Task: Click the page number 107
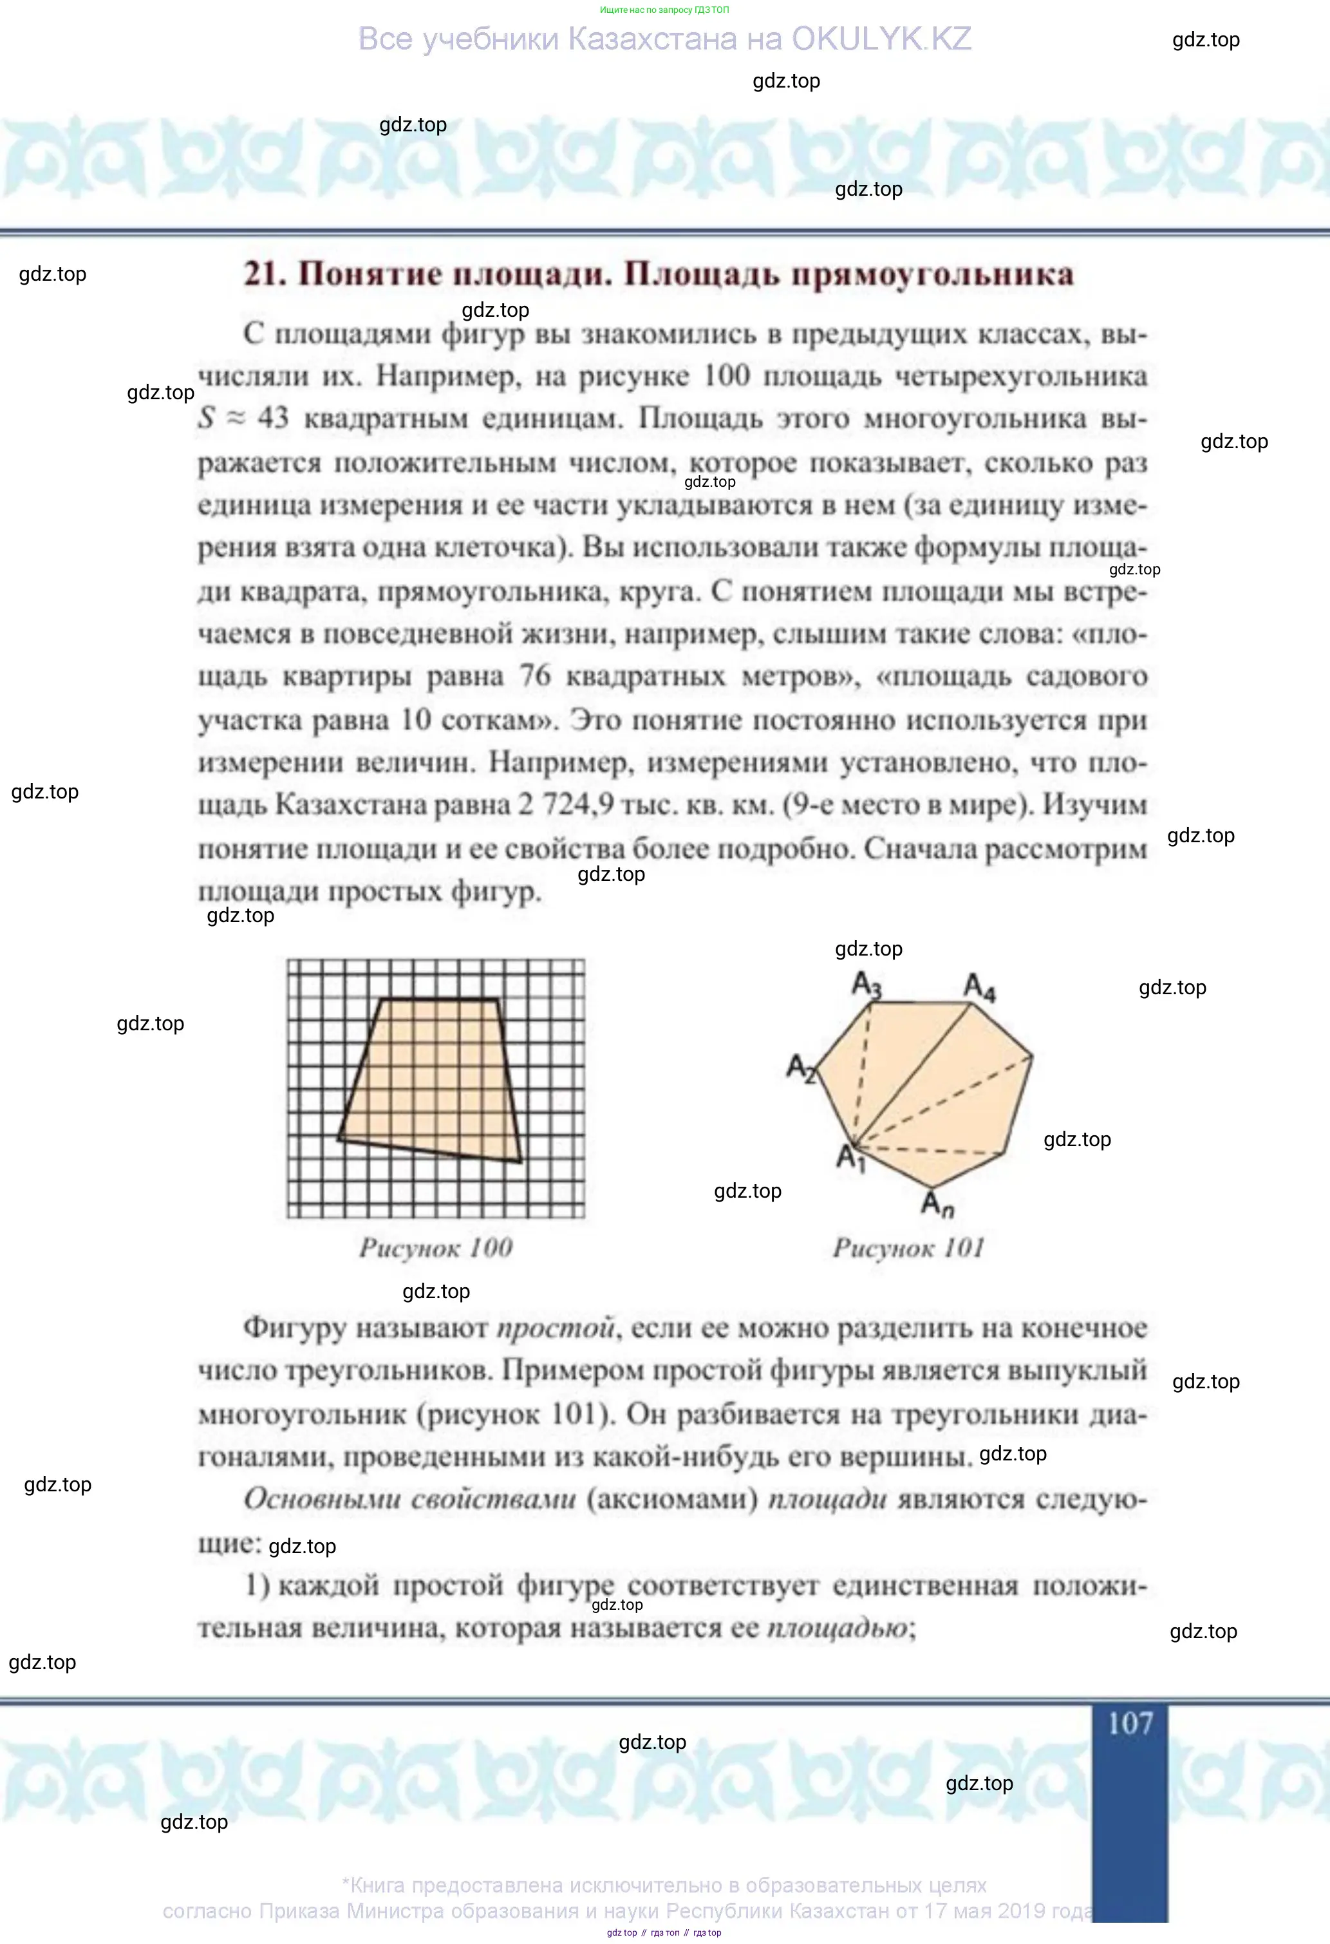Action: click(1130, 1722)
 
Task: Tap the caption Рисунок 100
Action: click(436, 1247)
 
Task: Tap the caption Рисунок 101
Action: click(908, 1247)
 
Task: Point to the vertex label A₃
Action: click(866, 985)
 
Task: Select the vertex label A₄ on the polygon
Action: click(980, 987)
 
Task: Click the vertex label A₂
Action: click(800, 1068)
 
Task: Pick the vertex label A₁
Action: click(850, 1158)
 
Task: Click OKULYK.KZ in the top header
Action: click(881, 39)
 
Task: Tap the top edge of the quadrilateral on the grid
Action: click(439, 999)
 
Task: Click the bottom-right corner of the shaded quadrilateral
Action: click(520, 1161)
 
